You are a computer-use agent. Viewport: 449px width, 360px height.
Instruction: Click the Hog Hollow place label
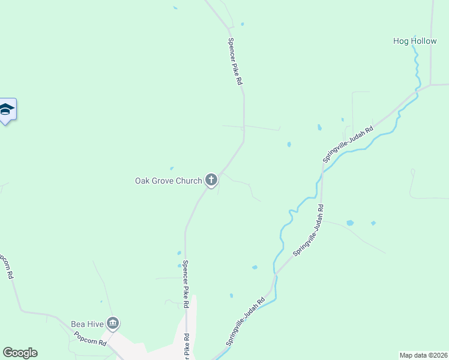[415, 41]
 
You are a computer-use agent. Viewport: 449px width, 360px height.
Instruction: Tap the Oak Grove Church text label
[168, 180]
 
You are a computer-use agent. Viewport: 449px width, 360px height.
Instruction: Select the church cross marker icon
[211, 179]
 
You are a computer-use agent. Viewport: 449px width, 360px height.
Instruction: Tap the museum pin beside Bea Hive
[113, 324]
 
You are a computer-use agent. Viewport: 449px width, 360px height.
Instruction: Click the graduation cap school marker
[7, 110]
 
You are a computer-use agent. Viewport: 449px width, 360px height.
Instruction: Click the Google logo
[20, 353]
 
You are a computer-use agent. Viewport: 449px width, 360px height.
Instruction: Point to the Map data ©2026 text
[424, 355]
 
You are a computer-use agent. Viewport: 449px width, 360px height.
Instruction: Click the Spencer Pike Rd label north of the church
[234, 61]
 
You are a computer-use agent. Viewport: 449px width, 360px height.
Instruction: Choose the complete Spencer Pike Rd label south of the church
[186, 284]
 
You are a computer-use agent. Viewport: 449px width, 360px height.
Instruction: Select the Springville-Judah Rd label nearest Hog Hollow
[348, 144]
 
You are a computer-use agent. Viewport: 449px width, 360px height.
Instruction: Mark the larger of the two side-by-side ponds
[350, 223]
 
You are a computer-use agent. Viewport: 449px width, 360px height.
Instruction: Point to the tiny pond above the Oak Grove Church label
[172, 168]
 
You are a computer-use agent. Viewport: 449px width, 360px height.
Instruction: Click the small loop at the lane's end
[412, 172]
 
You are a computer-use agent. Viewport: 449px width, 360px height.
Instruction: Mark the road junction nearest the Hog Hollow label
[430, 85]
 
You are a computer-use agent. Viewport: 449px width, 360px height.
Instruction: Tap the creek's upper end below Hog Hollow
[413, 49]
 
